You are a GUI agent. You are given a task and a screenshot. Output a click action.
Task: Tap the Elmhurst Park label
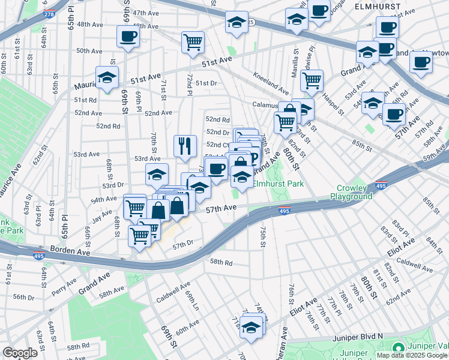[278, 184]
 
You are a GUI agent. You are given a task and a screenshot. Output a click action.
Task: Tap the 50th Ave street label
[89, 51]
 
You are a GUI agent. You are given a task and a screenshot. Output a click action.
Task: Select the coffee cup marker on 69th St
[128, 37]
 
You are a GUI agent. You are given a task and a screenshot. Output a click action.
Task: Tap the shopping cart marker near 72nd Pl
[193, 42]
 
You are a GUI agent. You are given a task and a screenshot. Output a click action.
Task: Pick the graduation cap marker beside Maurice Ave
[107, 78]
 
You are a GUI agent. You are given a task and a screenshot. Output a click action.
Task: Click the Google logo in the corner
[20, 353]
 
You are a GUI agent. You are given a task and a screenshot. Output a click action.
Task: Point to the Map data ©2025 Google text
[412, 355]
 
